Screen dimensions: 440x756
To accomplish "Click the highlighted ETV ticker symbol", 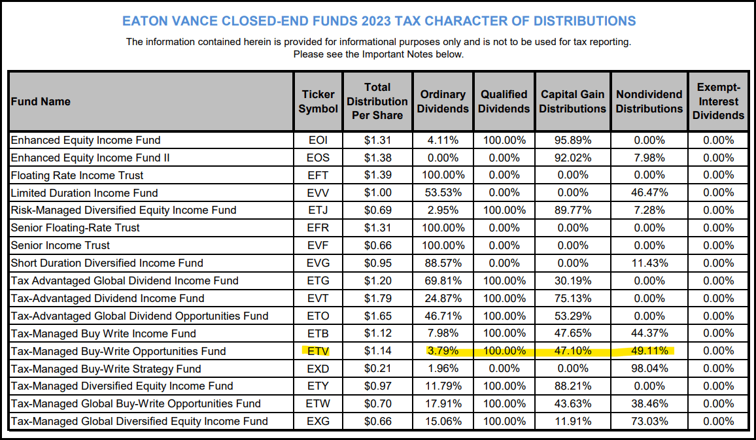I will pyautogui.click(x=318, y=351).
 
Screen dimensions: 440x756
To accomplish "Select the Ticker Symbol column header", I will pyautogui.click(x=318, y=101).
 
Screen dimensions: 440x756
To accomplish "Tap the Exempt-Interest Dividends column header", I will pyautogui.click(x=718, y=101).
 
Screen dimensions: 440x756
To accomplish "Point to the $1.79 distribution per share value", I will pyautogui.click(x=377, y=298).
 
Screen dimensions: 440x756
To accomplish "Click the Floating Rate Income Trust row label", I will pyautogui.click(x=77, y=175).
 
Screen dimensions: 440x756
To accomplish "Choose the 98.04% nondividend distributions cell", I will pyautogui.click(x=649, y=369).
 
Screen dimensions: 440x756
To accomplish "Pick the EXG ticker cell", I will pyautogui.click(x=318, y=421).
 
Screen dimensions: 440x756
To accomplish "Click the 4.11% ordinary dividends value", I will pyautogui.click(x=443, y=140).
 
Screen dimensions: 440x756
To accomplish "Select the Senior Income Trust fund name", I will pyautogui.click(x=60, y=245).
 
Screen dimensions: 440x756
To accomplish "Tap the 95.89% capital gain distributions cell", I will pyautogui.click(x=572, y=140).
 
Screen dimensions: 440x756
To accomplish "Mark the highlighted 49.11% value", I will pyautogui.click(x=649, y=351).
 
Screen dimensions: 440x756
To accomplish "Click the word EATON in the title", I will pyautogui.click(x=146, y=21).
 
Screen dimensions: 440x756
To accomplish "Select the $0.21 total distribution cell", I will pyautogui.click(x=377, y=369).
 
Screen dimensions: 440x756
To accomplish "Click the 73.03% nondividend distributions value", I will pyautogui.click(x=649, y=421).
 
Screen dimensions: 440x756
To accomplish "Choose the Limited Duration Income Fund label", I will pyautogui.click(x=84, y=193).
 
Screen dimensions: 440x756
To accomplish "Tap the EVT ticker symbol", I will pyautogui.click(x=318, y=298).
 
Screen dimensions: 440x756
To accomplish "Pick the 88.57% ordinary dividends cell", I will pyautogui.click(x=443, y=263).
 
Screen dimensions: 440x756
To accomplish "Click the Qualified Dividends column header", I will pyautogui.click(x=504, y=101).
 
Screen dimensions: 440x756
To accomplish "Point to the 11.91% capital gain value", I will pyautogui.click(x=572, y=421).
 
